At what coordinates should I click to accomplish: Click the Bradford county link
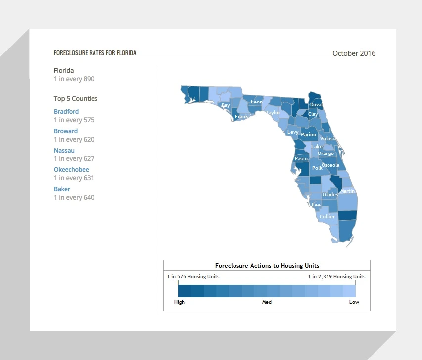pos(66,111)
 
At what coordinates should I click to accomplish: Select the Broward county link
pos(66,131)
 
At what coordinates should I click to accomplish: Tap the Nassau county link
pos(64,151)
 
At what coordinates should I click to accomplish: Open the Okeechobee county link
pos(71,169)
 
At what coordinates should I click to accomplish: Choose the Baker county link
pos(62,189)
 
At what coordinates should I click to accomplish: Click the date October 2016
pos(354,53)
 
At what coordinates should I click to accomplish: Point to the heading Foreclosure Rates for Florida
pos(95,53)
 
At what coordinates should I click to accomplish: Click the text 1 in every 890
pos(74,79)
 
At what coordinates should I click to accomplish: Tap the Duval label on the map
pos(316,105)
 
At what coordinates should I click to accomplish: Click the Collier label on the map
pos(328,217)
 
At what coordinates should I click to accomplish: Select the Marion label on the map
pos(308,135)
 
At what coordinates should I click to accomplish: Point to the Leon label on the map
pos(256,102)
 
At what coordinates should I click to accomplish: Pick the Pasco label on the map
pos(301,159)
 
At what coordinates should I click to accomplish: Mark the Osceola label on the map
pos(330,165)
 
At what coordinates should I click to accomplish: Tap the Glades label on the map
pos(330,194)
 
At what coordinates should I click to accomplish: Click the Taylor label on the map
pos(273,113)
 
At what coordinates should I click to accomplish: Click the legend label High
pos(179,302)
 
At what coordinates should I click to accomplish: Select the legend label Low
pos(354,302)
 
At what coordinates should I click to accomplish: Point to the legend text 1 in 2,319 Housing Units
pos(337,276)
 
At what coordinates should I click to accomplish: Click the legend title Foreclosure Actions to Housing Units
pos(267,266)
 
